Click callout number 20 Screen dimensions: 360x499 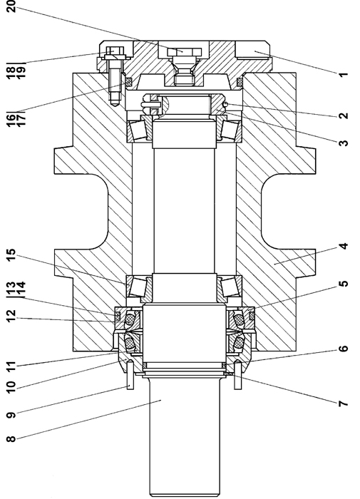point(11,6)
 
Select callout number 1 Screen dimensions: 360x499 point(343,75)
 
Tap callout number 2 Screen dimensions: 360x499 point(343,115)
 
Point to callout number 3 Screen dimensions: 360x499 point(343,143)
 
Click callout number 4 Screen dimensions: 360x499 point(343,247)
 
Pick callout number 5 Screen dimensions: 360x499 point(343,284)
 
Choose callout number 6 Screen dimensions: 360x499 point(343,349)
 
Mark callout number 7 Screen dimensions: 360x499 point(343,404)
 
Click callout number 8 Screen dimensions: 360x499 point(11,439)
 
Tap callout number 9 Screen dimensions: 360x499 point(11,415)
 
